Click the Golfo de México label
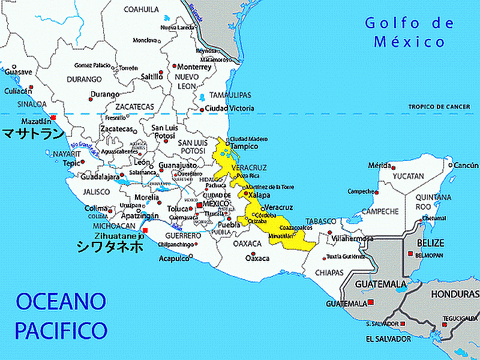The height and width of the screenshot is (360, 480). pyautogui.click(x=405, y=32)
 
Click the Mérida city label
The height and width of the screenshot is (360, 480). pyautogui.click(x=378, y=165)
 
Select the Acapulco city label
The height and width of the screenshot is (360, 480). pyautogui.click(x=174, y=258)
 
